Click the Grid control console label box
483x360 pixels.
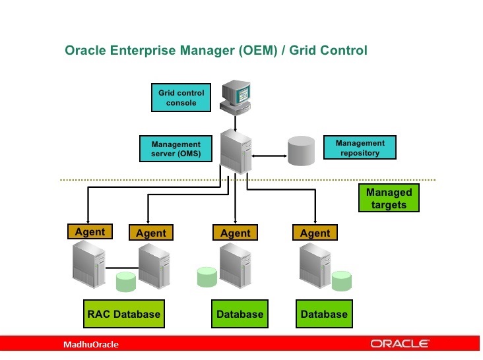(181, 98)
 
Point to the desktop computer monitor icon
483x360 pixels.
(237, 96)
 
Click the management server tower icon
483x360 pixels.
(236, 151)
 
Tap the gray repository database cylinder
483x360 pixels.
(302, 151)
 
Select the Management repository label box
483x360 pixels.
(360, 148)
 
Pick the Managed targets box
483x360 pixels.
(389, 198)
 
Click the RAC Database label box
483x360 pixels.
(123, 314)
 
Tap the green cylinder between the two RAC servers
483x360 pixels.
(125, 282)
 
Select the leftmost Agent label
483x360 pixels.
(90, 231)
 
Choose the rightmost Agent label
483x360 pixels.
(315, 233)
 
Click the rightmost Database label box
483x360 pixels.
(323, 314)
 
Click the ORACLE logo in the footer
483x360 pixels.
(400, 344)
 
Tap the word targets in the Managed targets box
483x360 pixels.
(389, 205)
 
